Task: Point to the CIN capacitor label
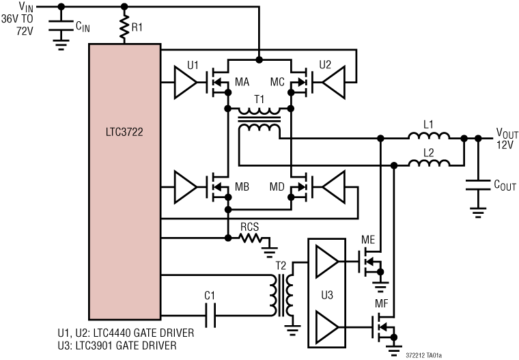point(82,27)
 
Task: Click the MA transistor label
point(241,82)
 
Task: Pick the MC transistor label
point(277,82)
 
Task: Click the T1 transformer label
point(259,98)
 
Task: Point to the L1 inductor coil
point(428,139)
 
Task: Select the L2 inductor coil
point(428,163)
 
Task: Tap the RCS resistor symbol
point(252,238)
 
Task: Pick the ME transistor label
point(367,241)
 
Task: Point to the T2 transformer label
point(281,266)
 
